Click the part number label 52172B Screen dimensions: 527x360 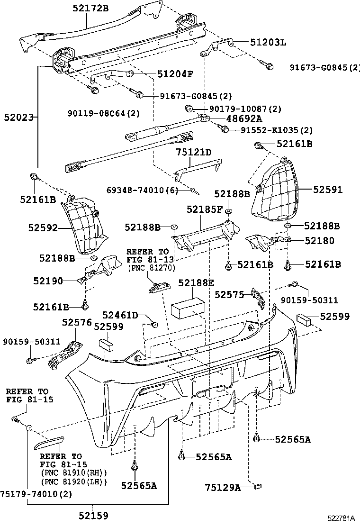90,8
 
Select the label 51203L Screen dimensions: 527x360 268,43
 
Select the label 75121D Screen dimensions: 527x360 194,152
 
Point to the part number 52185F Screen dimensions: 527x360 204,209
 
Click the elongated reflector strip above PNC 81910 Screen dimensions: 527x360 49,443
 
